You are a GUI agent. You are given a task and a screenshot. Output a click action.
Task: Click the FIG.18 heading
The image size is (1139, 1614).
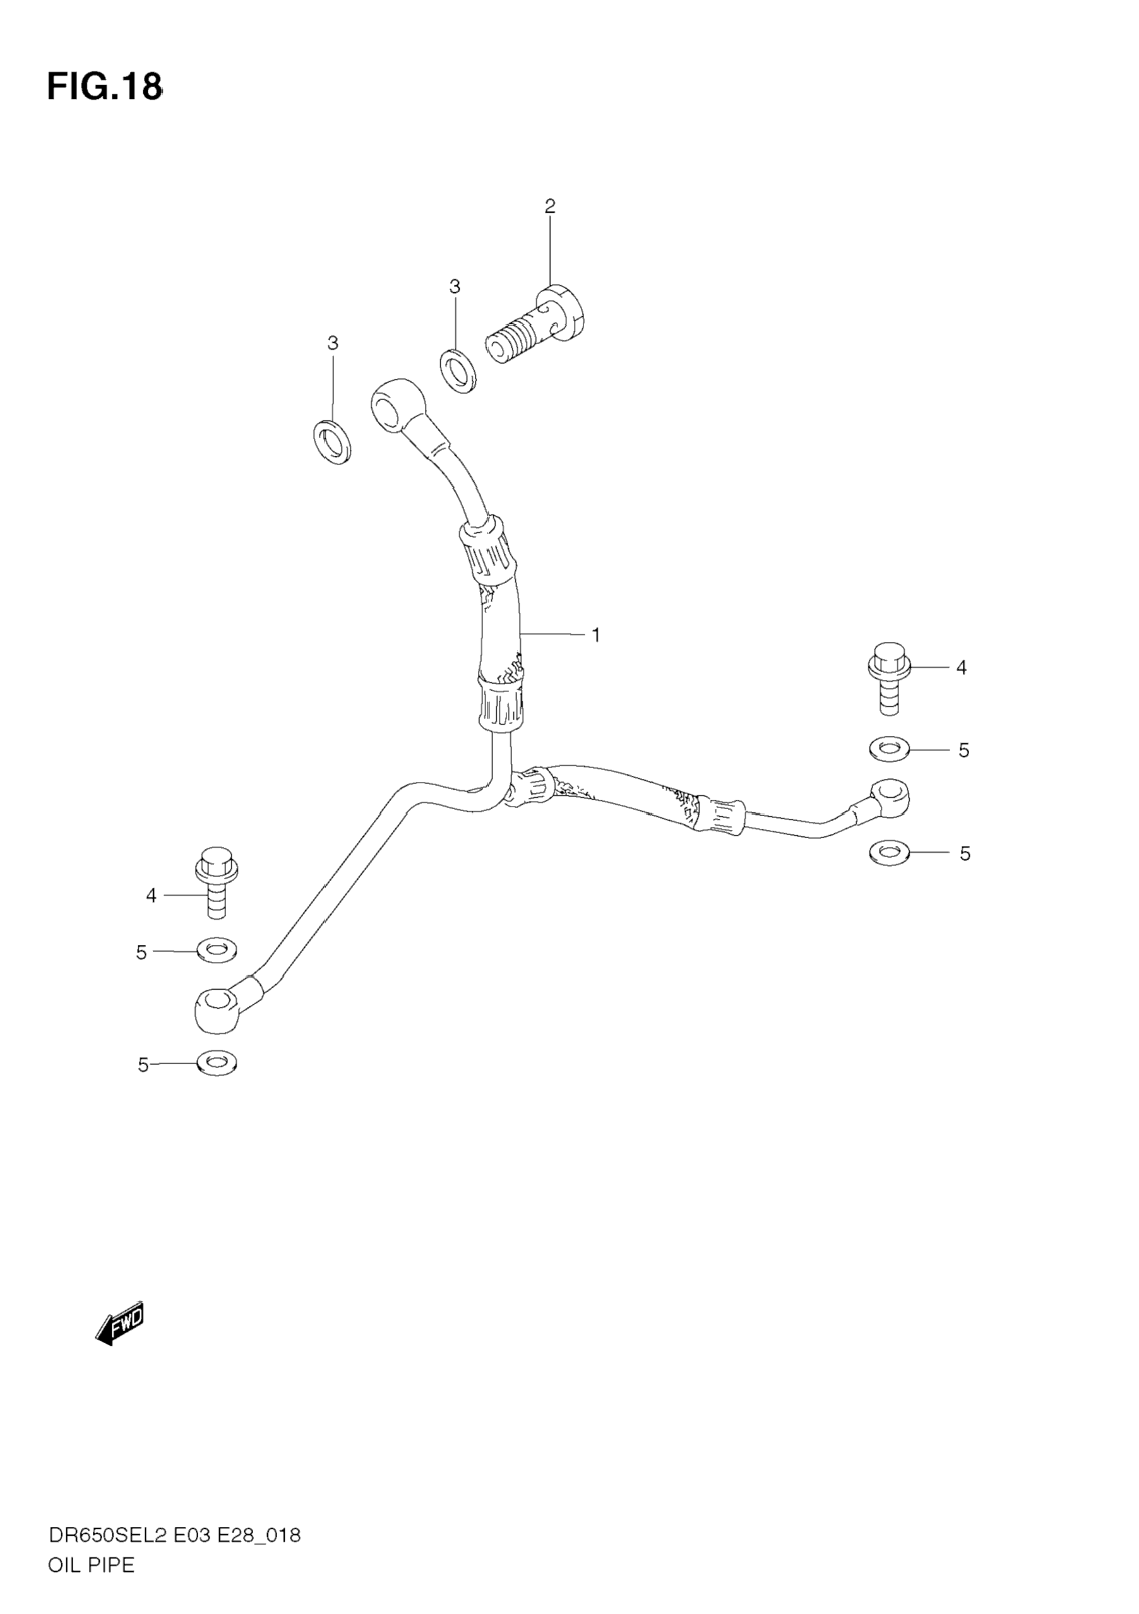(x=104, y=87)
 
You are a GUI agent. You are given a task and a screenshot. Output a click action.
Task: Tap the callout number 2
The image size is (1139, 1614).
(x=550, y=206)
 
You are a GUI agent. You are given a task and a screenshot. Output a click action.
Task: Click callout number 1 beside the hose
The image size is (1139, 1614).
(x=595, y=636)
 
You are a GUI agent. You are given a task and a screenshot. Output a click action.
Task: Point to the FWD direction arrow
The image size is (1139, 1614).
(x=119, y=1322)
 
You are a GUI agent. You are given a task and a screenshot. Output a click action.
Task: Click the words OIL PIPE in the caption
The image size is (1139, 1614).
(x=91, y=1545)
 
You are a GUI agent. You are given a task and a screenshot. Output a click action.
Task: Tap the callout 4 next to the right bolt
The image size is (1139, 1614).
(x=961, y=668)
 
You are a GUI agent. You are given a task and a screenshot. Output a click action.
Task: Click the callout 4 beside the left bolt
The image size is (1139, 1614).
(x=151, y=896)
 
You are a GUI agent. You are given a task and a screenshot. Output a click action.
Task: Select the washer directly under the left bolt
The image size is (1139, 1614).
(x=217, y=951)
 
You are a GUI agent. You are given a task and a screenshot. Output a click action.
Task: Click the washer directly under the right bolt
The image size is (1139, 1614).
(x=890, y=749)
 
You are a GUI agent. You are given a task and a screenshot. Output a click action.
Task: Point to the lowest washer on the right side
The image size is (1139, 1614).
(x=890, y=854)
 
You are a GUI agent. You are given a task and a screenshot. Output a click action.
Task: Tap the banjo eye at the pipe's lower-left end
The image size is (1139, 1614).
(x=216, y=1009)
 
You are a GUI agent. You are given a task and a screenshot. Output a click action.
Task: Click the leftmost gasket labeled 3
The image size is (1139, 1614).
(x=332, y=443)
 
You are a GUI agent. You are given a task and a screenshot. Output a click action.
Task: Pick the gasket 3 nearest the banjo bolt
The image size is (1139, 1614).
(x=458, y=371)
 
